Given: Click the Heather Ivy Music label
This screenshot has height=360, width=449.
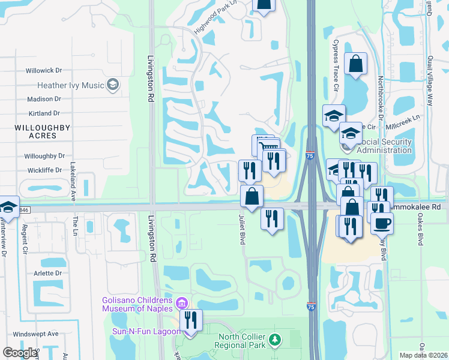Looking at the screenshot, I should (70, 85).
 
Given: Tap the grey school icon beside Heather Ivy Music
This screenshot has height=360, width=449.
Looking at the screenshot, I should (112, 85).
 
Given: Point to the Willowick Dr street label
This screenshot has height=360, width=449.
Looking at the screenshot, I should (44, 71).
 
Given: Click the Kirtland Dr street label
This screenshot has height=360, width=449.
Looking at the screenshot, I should (44, 113).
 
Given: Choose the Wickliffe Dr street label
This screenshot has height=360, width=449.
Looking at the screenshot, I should (44, 170).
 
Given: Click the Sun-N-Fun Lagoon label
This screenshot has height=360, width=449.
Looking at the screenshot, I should (146, 331).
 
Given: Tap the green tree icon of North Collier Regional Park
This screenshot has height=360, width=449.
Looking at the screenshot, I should (274, 340).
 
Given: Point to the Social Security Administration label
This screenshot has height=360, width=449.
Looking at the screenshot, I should (384, 146).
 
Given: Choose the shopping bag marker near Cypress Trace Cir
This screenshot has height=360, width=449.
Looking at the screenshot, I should (355, 64).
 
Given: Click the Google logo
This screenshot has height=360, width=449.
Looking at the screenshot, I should (20, 353).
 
